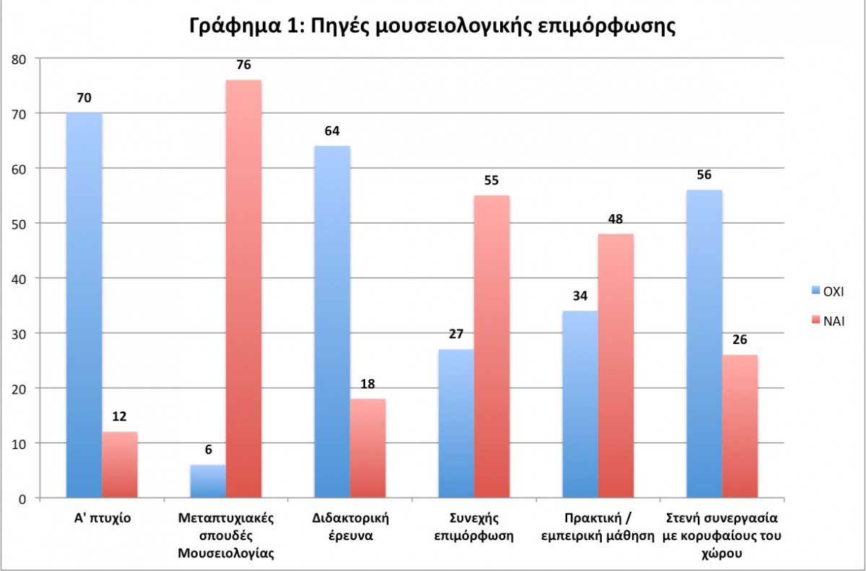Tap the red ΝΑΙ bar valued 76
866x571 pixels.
click(x=243, y=288)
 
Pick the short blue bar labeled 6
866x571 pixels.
click(x=208, y=482)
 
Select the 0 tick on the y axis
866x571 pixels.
click(x=24, y=498)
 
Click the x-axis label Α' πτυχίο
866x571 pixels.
click(x=102, y=518)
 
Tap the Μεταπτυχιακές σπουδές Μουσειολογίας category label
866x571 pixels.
click(x=226, y=535)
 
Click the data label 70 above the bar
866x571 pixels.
click(x=84, y=97)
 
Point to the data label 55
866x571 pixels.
click(x=491, y=180)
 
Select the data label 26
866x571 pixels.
click(x=740, y=339)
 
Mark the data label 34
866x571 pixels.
click(x=580, y=295)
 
